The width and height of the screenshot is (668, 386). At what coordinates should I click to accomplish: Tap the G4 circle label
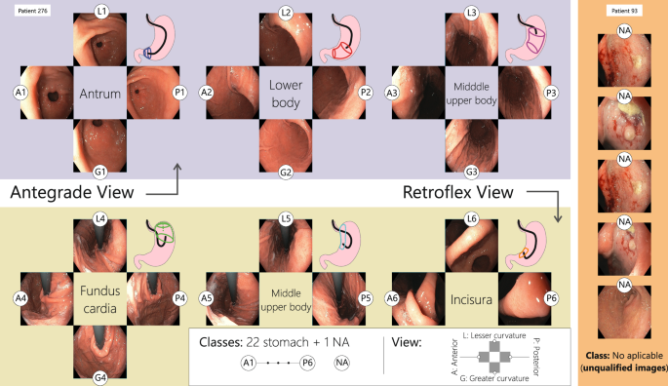[102, 374]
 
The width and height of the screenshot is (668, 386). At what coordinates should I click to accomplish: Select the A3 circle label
[392, 92]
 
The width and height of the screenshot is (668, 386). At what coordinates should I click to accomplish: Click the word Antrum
[102, 93]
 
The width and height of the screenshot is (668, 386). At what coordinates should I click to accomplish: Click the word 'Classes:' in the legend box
[225, 343]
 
